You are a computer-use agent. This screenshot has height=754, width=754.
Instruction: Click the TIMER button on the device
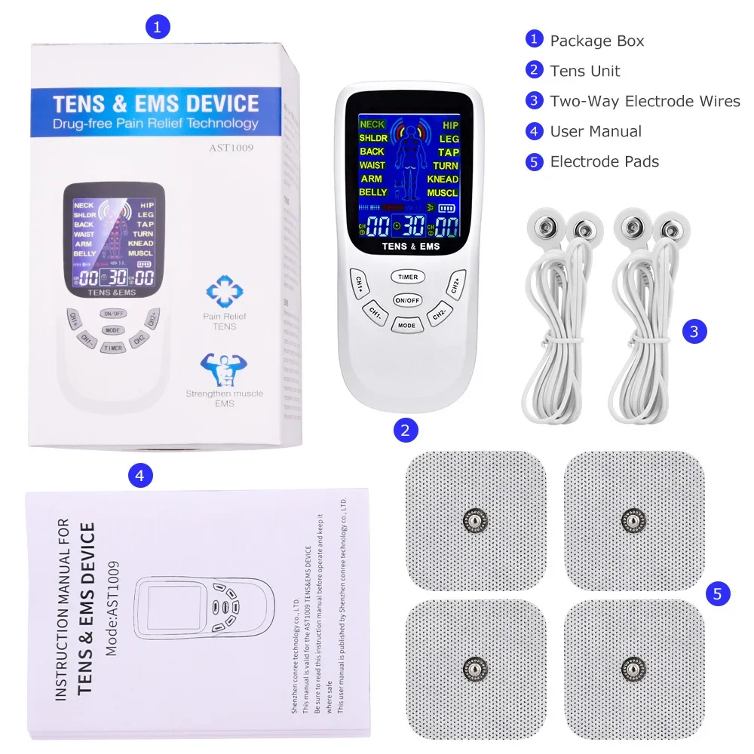tap(408, 277)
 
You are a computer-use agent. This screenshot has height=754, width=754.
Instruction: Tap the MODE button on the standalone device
tap(407, 325)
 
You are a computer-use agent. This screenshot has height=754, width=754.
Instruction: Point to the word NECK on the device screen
tap(372, 124)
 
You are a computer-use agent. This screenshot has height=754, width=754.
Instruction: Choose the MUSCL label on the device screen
tap(443, 193)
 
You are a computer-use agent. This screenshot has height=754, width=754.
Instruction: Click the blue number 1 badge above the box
tap(157, 28)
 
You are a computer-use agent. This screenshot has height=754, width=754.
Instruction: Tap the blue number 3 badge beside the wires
tap(694, 330)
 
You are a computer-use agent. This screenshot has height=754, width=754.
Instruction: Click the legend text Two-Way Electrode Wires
tap(645, 101)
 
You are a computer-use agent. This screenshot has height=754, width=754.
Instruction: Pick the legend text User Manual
tap(596, 131)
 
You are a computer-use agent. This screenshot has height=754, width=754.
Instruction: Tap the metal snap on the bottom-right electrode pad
tap(633, 668)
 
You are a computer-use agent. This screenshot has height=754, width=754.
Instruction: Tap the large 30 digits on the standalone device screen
tap(414, 225)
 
